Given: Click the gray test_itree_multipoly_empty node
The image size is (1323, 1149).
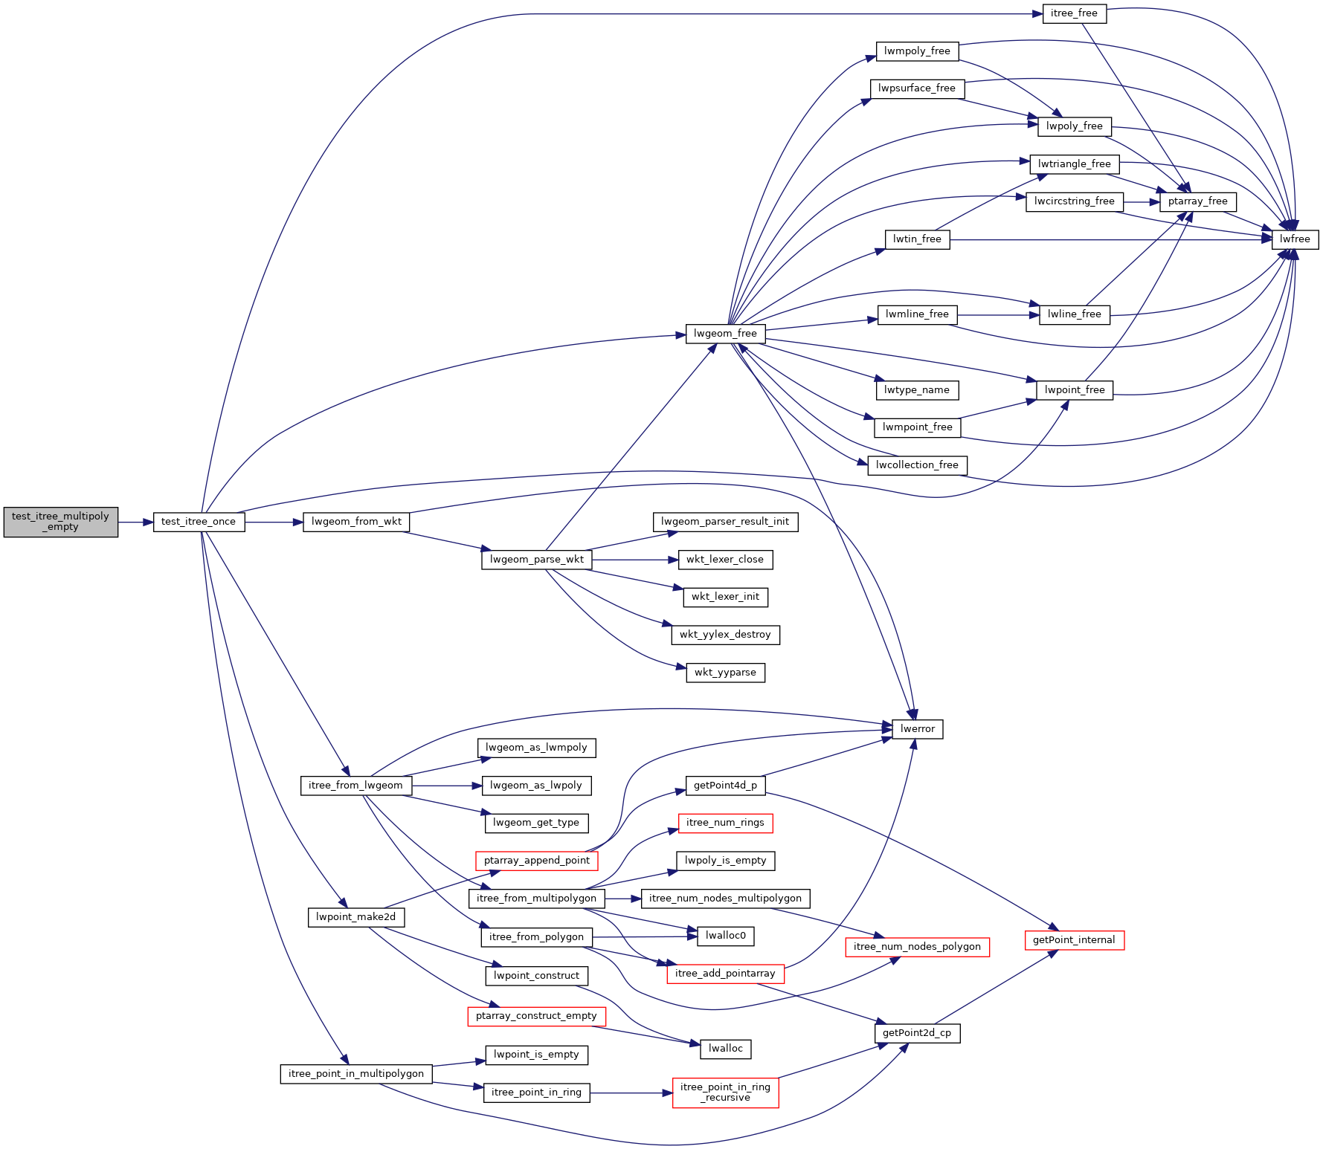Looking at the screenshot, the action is [60, 522].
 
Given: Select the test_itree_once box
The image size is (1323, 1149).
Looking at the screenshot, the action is [199, 522].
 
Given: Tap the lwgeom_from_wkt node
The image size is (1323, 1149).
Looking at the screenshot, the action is [356, 522].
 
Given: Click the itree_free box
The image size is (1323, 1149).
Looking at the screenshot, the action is [1075, 13].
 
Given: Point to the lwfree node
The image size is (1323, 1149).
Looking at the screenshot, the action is [1295, 239].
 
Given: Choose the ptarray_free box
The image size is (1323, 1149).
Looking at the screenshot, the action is [1197, 201].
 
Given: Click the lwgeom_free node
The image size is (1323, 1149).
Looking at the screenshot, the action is [725, 334].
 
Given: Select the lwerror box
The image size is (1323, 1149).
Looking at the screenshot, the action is [918, 729].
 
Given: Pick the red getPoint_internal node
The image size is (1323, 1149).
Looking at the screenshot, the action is [1074, 940].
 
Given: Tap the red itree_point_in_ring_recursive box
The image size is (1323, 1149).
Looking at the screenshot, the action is [725, 1093].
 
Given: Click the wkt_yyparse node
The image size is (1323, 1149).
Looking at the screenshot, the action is [725, 673].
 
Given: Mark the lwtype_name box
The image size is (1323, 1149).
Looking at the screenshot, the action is [916, 390].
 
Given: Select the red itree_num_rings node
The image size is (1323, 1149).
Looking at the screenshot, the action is [725, 823].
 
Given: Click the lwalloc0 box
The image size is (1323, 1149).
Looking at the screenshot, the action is [725, 936].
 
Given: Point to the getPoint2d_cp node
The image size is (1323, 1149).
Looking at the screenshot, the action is [917, 1033].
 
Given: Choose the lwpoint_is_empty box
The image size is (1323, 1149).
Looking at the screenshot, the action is [536, 1055].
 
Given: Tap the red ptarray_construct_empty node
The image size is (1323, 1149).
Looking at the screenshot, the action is [536, 1016].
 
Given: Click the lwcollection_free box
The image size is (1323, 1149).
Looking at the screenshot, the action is [917, 465].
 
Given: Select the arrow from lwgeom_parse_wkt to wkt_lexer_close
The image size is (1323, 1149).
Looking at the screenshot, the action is [635, 560].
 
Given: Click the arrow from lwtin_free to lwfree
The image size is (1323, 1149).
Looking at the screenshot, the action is [1111, 239].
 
